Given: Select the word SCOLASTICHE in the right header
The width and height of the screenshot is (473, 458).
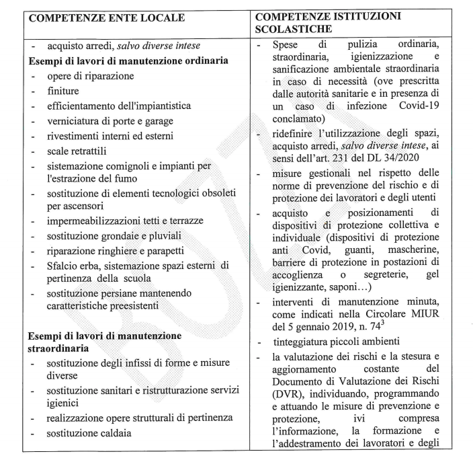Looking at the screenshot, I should coord(294,29).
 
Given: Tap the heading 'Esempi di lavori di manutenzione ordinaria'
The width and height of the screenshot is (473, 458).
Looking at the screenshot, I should coord(127,61).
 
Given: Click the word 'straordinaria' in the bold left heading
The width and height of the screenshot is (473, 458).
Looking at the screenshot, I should coord(62,350).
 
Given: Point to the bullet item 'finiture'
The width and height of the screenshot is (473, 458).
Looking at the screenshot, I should coord(63,91).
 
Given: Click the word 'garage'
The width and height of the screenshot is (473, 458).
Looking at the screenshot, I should coord(157,120).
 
